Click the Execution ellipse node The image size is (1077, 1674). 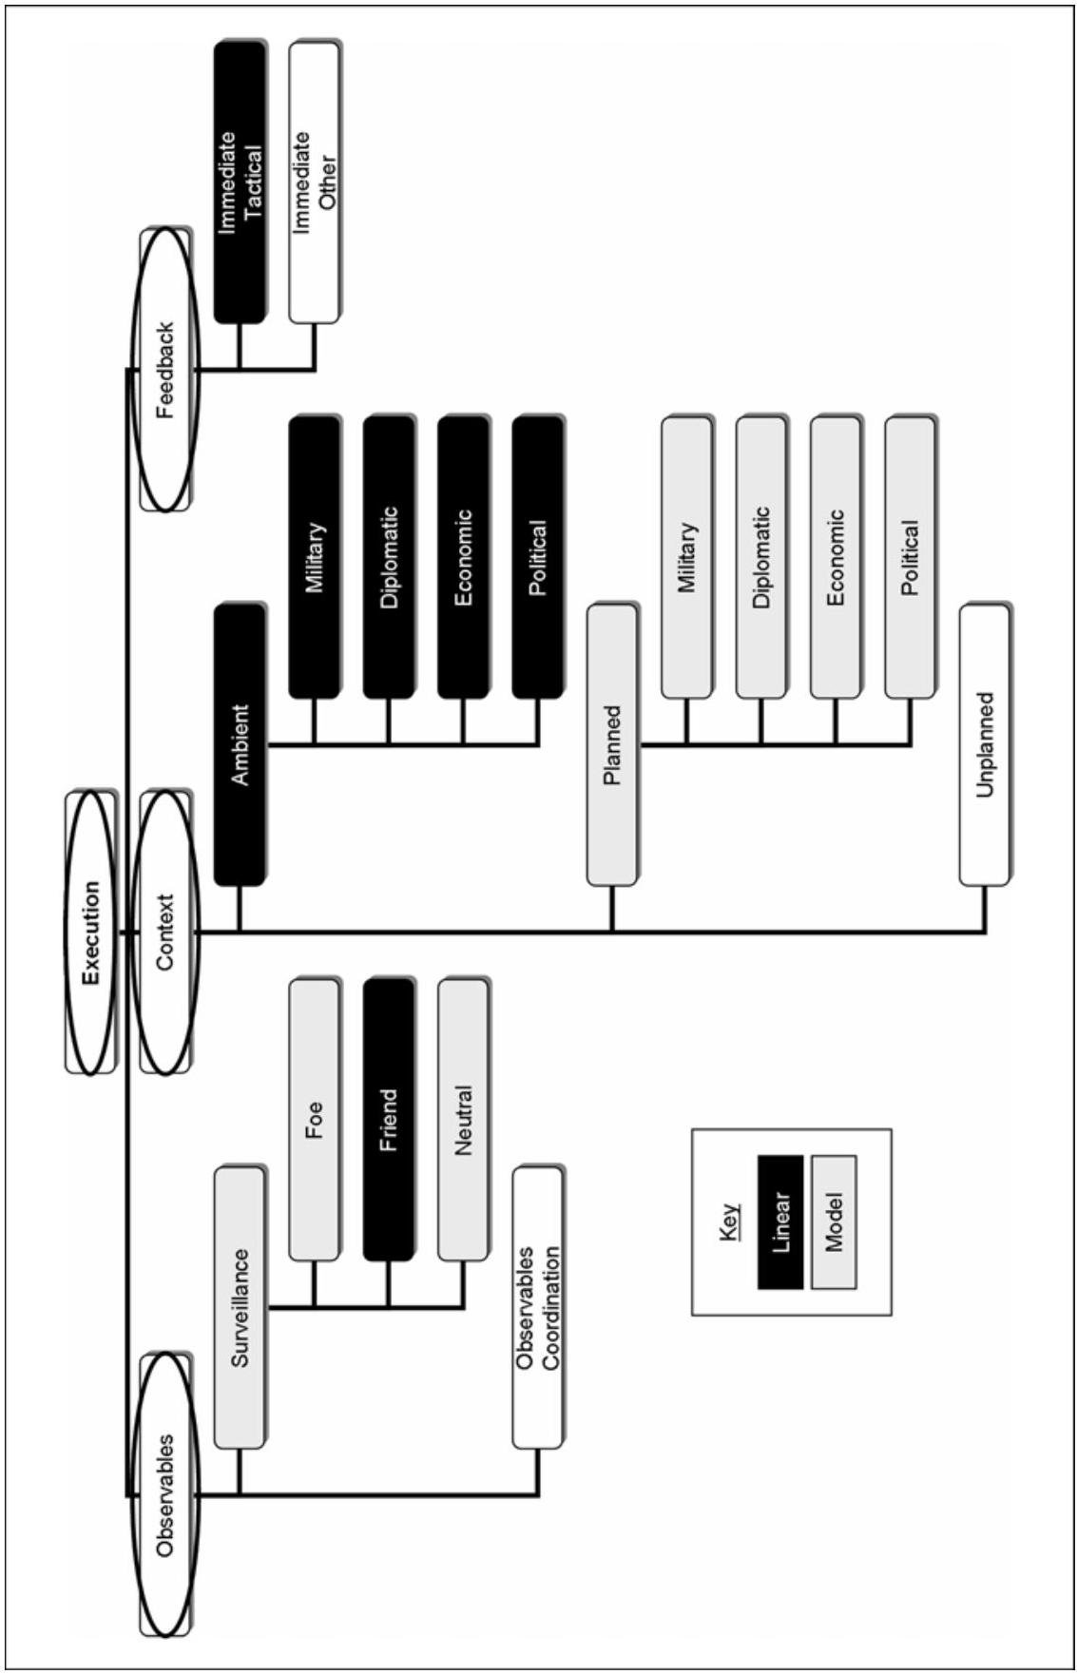[91, 932]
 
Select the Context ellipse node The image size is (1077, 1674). [165, 932]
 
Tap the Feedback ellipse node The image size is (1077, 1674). [165, 370]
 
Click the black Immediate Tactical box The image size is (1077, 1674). [239, 183]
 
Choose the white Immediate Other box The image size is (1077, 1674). [314, 183]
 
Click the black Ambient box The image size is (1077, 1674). [239, 745]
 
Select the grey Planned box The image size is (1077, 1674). [611, 745]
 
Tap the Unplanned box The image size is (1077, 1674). [985, 745]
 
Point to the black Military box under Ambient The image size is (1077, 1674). [314, 557]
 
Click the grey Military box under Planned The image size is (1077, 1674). [686, 557]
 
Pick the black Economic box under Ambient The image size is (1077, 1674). [463, 557]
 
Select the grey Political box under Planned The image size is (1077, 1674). [910, 557]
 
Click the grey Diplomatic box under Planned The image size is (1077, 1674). [760, 557]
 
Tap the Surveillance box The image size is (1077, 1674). [239, 1307]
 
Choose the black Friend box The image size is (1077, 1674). [388, 1120]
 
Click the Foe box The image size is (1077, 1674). [314, 1120]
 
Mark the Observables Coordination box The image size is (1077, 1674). [538, 1307]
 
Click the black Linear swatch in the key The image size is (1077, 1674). [780, 1222]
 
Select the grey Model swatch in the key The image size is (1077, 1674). [834, 1222]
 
